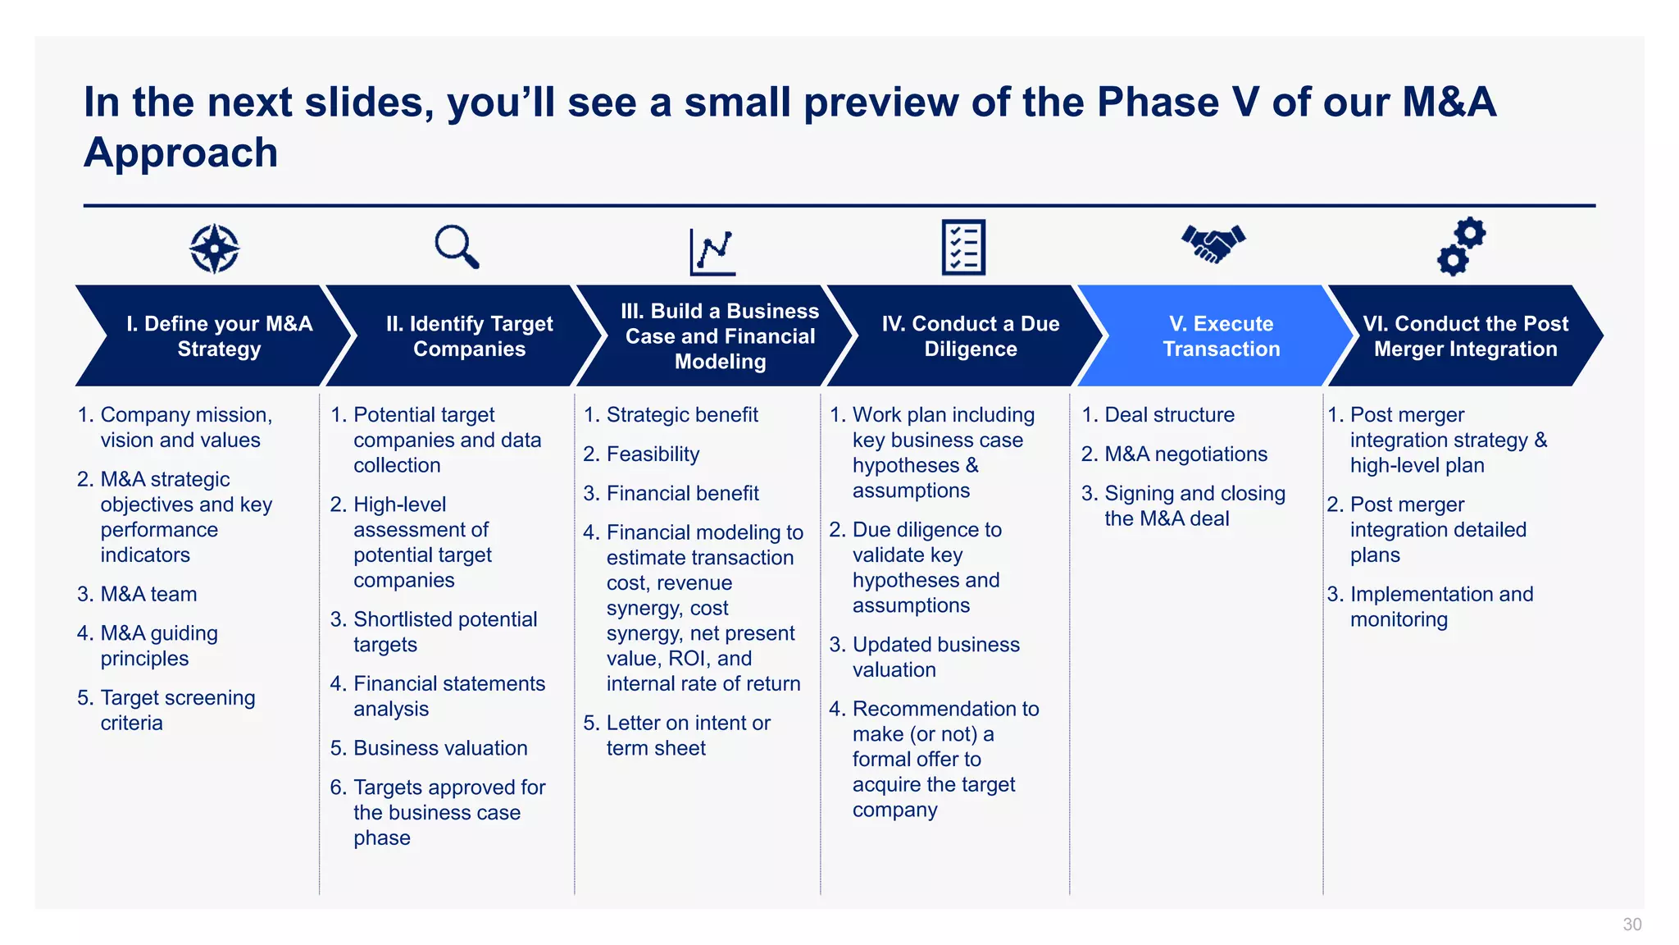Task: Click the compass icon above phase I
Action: tap(214, 248)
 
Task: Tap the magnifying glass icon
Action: tap(456, 246)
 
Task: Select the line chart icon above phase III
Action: tap(712, 251)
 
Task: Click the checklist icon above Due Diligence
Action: tap(963, 247)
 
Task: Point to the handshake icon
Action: tap(1213, 243)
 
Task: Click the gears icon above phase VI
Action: tap(1461, 246)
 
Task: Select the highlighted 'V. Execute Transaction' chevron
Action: tap(1221, 336)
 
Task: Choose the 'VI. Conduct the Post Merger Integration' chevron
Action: tap(1465, 336)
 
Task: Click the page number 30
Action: tap(1631, 924)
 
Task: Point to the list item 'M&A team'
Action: tap(148, 594)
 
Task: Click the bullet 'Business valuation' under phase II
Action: tap(439, 748)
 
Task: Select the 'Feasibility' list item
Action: tap(653, 454)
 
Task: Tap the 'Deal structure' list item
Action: tap(1169, 415)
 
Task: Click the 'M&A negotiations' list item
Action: tap(1185, 454)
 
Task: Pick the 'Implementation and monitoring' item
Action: tap(1440, 606)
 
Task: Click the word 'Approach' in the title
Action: tap(181, 153)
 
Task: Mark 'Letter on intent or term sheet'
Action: tap(687, 736)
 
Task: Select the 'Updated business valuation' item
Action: tap(935, 657)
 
